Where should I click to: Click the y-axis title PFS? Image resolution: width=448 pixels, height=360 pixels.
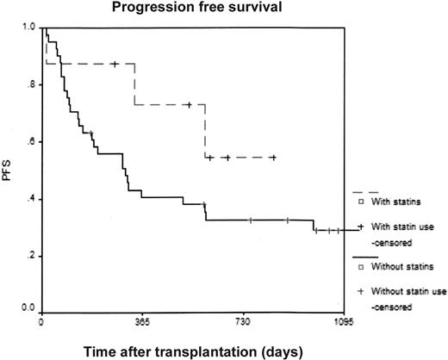tap(10, 170)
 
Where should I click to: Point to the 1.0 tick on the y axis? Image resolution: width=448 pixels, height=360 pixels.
tap(30, 28)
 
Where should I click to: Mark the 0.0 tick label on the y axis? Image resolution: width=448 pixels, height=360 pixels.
tap(30, 307)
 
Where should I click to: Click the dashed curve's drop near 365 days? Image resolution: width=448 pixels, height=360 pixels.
tap(134, 84)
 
